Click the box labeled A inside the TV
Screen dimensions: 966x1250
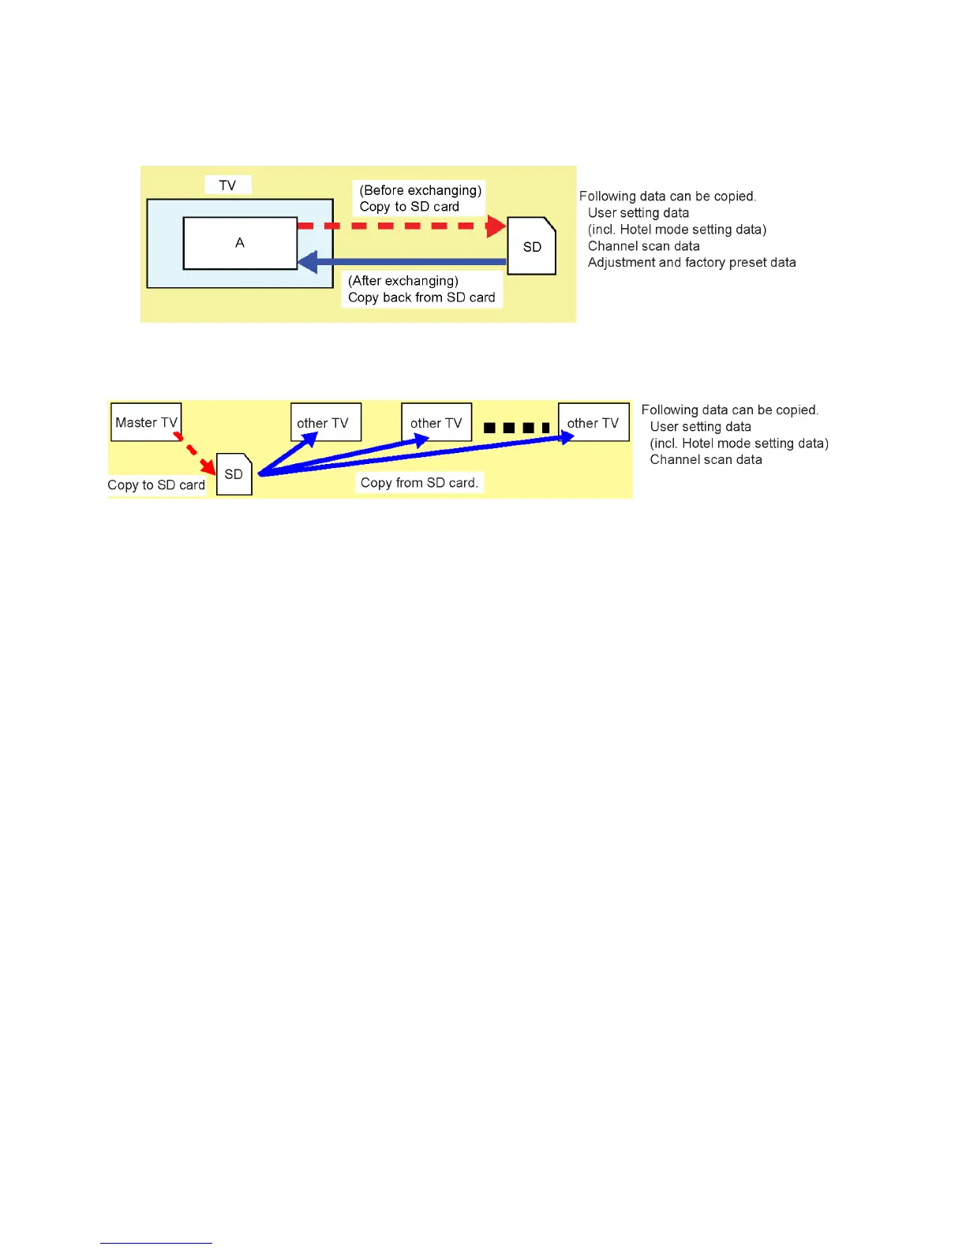tap(240, 243)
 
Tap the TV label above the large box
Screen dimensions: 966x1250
tap(227, 185)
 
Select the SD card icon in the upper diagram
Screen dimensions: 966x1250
tap(532, 246)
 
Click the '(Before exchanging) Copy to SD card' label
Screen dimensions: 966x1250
tap(419, 198)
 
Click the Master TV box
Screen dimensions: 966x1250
tap(146, 422)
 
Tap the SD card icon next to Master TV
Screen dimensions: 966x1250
tap(234, 474)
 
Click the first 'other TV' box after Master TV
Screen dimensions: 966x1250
tap(325, 422)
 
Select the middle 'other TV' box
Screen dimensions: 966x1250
tap(436, 422)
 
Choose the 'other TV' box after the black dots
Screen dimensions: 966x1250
tap(593, 422)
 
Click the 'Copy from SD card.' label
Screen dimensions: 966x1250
tap(419, 483)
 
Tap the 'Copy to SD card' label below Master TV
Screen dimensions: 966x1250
tap(156, 485)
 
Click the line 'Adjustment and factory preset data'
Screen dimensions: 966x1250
tap(691, 263)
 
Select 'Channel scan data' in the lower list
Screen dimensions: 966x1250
tap(706, 460)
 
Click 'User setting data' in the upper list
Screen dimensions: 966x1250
tap(638, 213)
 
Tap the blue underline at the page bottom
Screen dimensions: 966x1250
tap(156, 1243)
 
